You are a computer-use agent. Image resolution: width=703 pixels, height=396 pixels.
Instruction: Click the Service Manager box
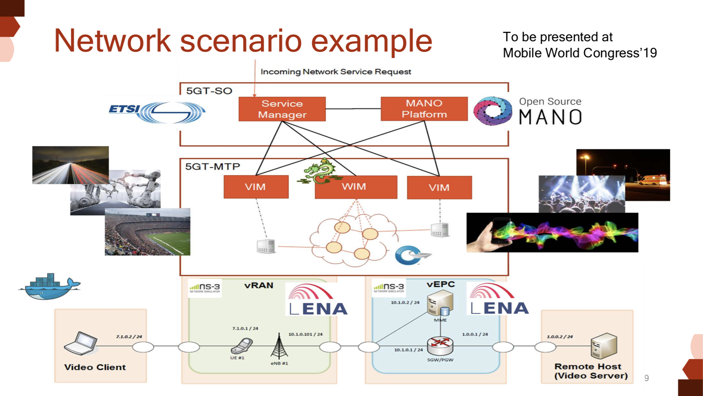point(282,109)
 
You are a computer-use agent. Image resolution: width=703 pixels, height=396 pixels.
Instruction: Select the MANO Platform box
point(424,109)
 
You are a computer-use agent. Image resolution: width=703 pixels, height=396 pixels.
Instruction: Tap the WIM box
point(356,187)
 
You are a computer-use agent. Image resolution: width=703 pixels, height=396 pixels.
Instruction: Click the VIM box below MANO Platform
point(439,188)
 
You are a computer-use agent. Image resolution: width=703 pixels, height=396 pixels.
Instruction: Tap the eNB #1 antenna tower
point(279,346)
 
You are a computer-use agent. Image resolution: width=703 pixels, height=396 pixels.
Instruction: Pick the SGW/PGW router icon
point(440,345)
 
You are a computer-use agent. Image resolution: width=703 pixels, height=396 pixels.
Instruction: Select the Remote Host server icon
point(604,346)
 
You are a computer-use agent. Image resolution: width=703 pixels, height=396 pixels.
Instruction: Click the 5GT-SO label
point(209,91)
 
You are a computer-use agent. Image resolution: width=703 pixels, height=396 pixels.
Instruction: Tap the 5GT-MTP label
point(212,167)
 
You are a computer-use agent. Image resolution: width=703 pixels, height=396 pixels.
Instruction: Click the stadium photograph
point(148,232)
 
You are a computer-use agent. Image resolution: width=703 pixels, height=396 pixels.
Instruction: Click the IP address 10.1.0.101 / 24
point(305,334)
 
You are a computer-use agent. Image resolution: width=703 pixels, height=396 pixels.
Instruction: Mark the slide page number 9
point(647,378)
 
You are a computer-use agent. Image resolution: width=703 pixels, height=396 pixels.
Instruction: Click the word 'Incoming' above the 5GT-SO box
point(281,72)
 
